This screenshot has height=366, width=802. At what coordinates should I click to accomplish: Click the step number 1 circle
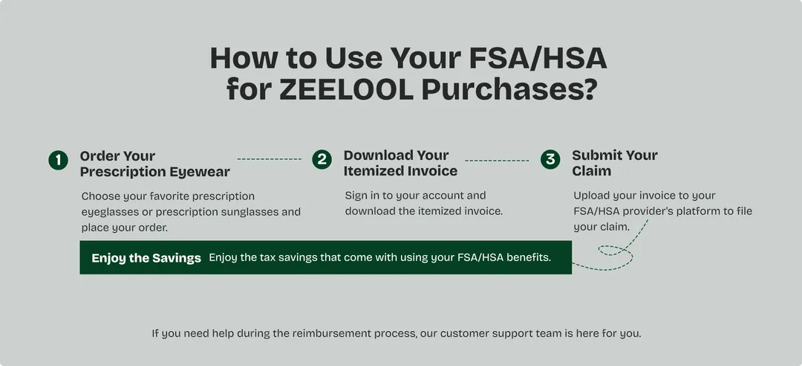(58, 160)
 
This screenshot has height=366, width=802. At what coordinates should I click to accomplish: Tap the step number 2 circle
(322, 159)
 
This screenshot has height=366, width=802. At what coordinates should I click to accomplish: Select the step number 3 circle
(550, 159)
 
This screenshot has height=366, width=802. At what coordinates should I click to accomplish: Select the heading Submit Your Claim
(614, 163)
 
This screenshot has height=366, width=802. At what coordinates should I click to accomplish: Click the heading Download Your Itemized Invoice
(400, 163)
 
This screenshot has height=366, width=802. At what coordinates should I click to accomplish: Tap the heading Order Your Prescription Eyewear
(154, 164)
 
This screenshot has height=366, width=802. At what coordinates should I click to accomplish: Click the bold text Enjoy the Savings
(146, 258)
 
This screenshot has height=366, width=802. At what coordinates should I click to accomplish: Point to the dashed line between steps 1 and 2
(269, 159)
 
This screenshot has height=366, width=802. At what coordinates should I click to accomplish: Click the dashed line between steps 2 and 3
(497, 159)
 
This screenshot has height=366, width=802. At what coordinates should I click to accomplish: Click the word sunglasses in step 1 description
(250, 211)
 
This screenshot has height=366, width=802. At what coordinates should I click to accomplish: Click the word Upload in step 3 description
(593, 196)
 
